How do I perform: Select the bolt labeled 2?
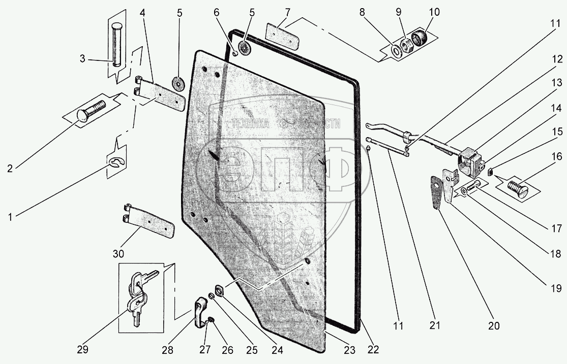click(x=90, y=112)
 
